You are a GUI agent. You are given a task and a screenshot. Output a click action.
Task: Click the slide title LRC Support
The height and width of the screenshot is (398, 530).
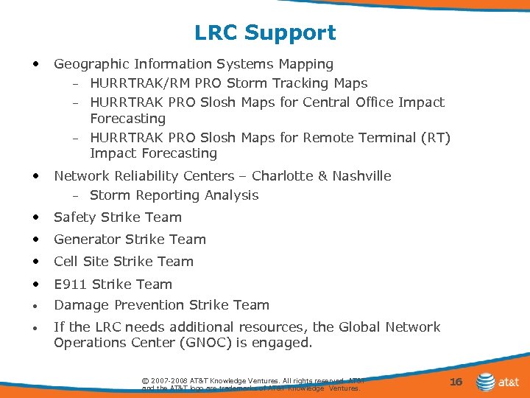pos(265,32)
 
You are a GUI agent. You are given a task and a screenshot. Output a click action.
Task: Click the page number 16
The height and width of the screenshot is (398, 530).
pos(456,381)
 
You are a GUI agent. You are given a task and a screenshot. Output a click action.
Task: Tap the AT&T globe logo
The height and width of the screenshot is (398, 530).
pos(485,383)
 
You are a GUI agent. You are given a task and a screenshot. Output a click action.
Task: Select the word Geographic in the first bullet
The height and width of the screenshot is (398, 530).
pos(88,65)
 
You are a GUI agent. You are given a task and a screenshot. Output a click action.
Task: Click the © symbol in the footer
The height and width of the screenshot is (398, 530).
pos(144,380)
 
